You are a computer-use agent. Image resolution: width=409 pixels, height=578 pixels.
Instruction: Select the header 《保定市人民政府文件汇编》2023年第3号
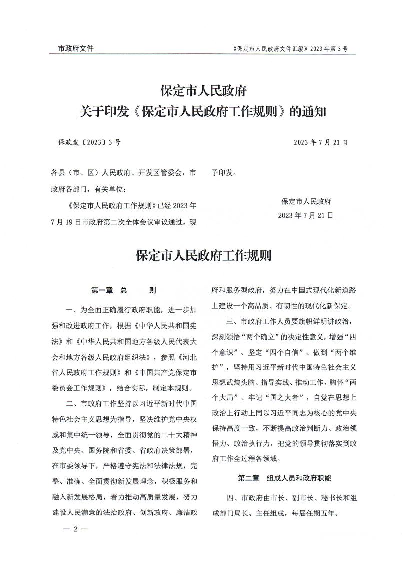pos(290,49)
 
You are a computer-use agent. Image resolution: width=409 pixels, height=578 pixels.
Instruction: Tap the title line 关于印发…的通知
pos(204,111)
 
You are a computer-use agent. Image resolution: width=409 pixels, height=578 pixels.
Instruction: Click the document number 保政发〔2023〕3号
pos(89,142)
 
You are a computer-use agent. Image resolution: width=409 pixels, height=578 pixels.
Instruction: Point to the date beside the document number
pos(321,142)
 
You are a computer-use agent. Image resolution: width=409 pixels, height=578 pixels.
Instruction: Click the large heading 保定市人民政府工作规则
pos(204,256)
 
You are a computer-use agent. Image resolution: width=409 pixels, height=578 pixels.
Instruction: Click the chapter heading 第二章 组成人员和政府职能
pos(284,478)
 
